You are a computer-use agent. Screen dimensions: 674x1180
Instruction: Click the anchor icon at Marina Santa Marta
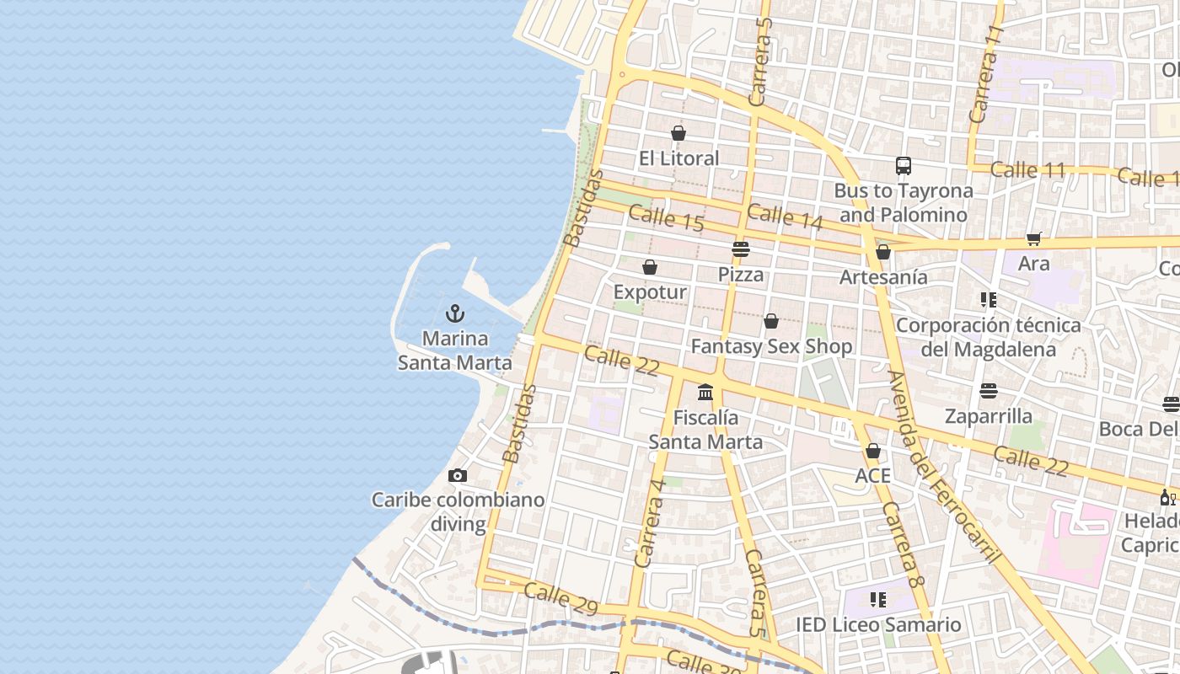[x=455, y=314]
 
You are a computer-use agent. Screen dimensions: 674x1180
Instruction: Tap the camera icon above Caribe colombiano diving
[x=458, y=476]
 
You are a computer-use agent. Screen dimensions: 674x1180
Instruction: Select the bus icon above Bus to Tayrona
[x=904, y=166]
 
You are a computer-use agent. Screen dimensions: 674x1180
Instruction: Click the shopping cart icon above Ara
[x=1034, y=239]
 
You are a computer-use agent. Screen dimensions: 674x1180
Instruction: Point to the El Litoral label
[x=678, y=158]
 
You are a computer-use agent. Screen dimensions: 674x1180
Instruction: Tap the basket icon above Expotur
[x=650, y=268]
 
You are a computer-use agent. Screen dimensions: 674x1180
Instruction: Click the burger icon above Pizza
[x=741, y=249]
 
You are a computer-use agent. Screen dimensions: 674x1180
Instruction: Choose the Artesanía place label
[x=883, y=277]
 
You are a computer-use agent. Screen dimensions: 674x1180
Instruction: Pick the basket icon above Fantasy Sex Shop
[x=771, y=321]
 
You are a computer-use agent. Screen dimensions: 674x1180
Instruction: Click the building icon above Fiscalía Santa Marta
[x=705, y=393]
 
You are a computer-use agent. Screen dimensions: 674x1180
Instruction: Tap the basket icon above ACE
[x=873, y=452]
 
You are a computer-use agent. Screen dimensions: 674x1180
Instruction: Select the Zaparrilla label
[x=989, y=416]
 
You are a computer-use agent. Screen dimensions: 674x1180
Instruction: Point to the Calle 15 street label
[x=666, y=218]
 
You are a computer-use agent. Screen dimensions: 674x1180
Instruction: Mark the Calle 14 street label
[x=785, y=217]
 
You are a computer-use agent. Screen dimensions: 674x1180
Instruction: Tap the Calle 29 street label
[x=560, y=597]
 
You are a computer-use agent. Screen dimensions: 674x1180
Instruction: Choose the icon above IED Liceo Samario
[x=878, y=600]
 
